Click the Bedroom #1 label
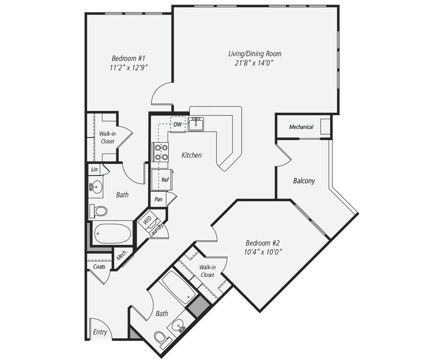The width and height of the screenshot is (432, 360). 129,58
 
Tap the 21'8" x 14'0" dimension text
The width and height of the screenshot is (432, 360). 255,63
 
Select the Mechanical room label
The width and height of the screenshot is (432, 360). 301,127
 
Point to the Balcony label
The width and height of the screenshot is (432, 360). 304,180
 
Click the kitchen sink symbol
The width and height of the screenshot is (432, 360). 196,124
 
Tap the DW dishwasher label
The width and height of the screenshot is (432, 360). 177,125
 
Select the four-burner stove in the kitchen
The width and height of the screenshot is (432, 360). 161,152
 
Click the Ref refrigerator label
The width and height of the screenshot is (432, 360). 165,180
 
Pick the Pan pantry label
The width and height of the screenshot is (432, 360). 158,199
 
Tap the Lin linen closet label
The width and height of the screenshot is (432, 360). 94,169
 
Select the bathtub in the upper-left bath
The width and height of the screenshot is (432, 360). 113,234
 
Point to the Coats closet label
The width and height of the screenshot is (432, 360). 99,267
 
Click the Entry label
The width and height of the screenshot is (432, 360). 100,332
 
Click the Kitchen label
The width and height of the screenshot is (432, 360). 191,155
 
